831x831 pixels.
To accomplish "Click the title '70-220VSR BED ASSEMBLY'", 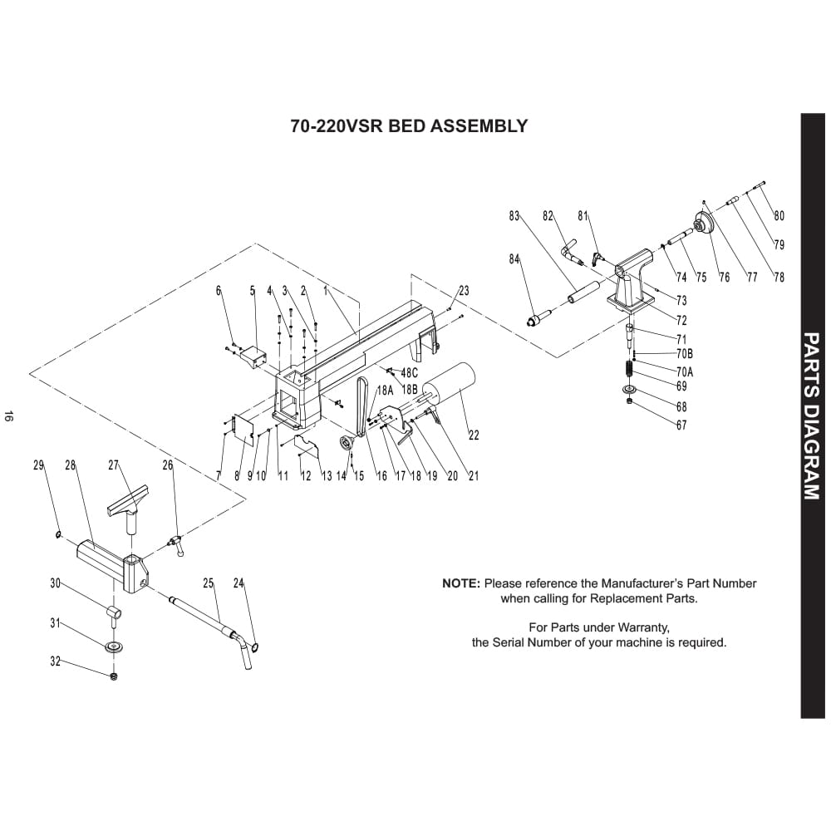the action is (409, 126).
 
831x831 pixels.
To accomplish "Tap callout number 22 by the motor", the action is (474, 435).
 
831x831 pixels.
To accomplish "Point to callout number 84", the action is (514, 259).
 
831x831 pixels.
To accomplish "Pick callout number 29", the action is (38, 466).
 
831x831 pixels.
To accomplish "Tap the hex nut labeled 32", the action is (113, 676).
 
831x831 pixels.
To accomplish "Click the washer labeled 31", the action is (113, 647).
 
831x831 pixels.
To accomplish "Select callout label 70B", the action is (684, 354).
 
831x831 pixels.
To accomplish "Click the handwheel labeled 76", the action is (705, 223).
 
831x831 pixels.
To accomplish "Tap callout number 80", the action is (779, 216).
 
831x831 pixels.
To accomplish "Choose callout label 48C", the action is (409, 373).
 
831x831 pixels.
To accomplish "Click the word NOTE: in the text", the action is (461, 583).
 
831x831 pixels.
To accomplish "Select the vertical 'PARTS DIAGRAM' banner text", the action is (813, 416).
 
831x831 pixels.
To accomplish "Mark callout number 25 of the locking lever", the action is (209, 583).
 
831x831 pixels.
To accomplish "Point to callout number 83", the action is (514, 217).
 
